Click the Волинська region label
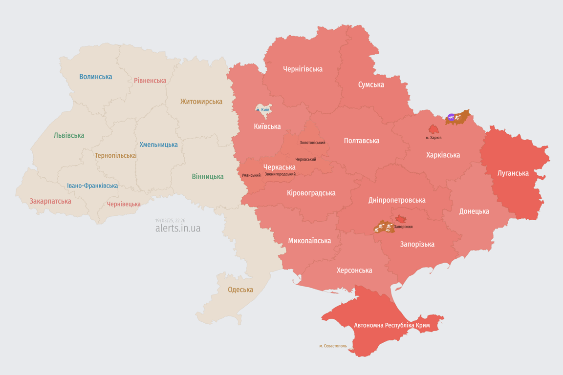tap(95, 77)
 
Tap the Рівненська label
tap(150, 81)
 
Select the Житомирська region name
tap(201, 102)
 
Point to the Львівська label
tap(69, 135)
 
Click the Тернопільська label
tap(115, 155)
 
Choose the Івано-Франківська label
tap(92, 186)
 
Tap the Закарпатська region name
tap(50, 201)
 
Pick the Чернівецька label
tap(124, 204)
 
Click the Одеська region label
tap(240, 290)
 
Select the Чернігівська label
tap(303, 69)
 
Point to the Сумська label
tap(371, 84)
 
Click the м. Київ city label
tap(262, 110)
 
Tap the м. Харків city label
tap(433, 138)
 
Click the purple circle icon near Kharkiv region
tap(451, 117)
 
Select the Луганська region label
tap(513, 173)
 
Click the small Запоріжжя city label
tap(403, 227)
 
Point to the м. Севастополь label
tap(333, 346)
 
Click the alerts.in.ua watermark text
tap(177, 228)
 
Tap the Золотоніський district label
tap(312, 143)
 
